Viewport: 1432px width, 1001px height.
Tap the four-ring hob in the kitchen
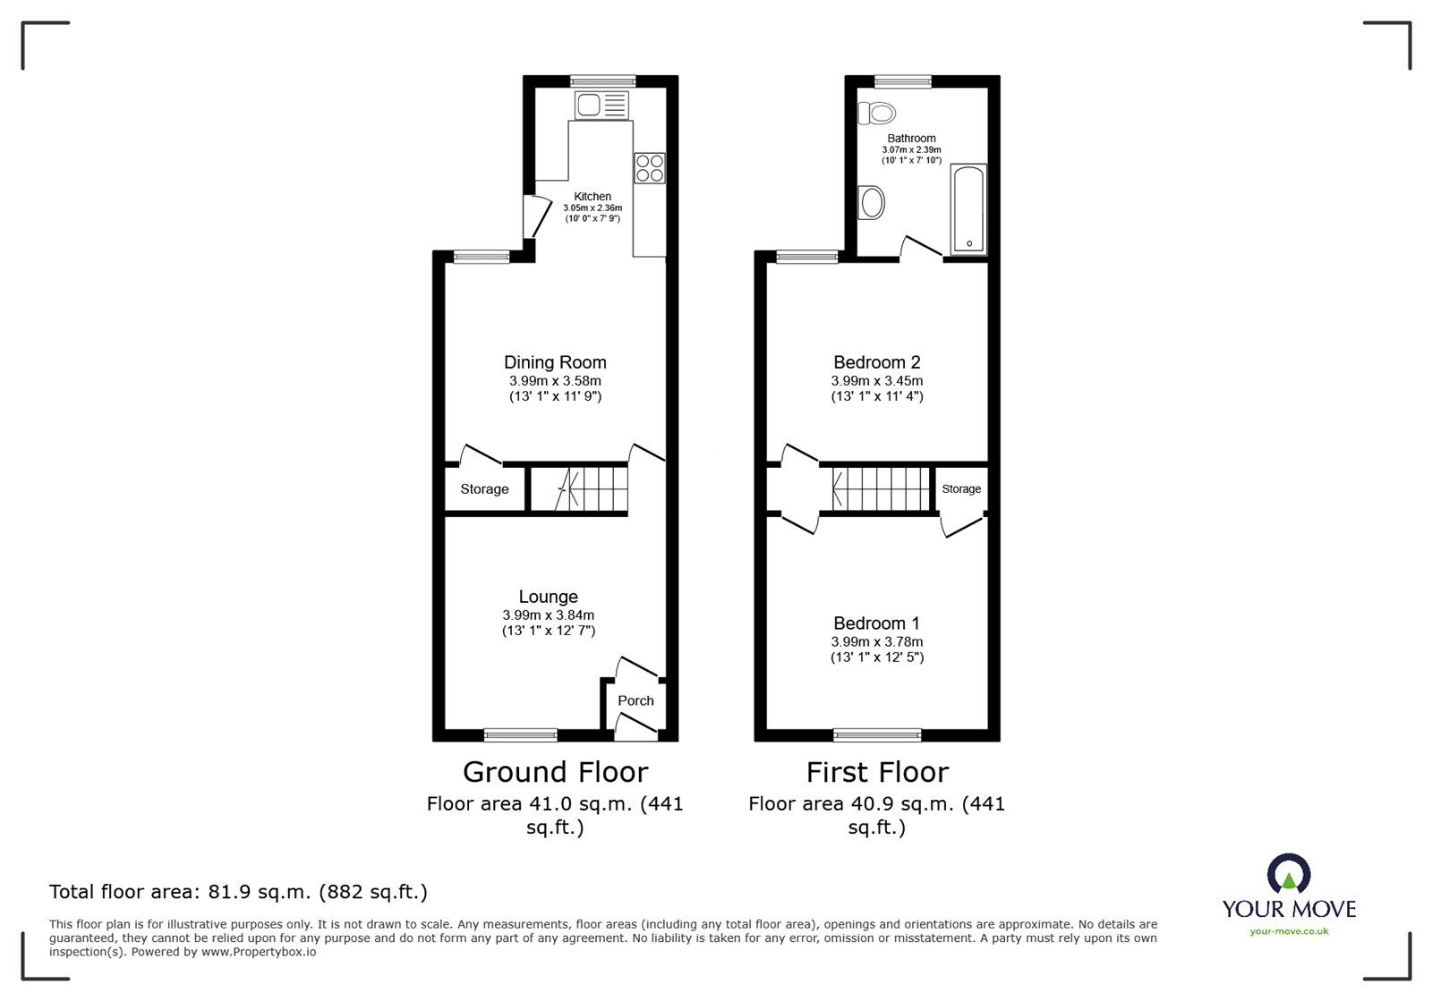pos(650,168)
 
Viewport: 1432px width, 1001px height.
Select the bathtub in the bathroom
pos(968,208)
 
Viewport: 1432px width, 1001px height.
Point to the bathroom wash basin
pos(871,203)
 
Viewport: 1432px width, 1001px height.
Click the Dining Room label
pos(555,362)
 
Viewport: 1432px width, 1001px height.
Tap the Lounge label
pos(548,597)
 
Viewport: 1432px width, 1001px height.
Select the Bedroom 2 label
pos(876,362)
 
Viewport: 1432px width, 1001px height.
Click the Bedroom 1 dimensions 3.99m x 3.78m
pos(876,641)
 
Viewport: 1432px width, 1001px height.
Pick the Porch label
pos(635,700)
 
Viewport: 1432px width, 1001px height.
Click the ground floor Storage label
pos(484,489)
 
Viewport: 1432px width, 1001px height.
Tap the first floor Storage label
pos(961,489)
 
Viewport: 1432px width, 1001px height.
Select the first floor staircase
pos(881,489)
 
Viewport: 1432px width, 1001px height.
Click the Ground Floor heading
pos(555,772)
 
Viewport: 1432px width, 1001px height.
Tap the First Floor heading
pos(876,772)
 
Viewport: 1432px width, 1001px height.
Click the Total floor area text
pos(238,892)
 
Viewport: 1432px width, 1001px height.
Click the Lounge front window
pos(521,735)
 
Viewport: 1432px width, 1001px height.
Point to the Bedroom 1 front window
pos(877,735)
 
